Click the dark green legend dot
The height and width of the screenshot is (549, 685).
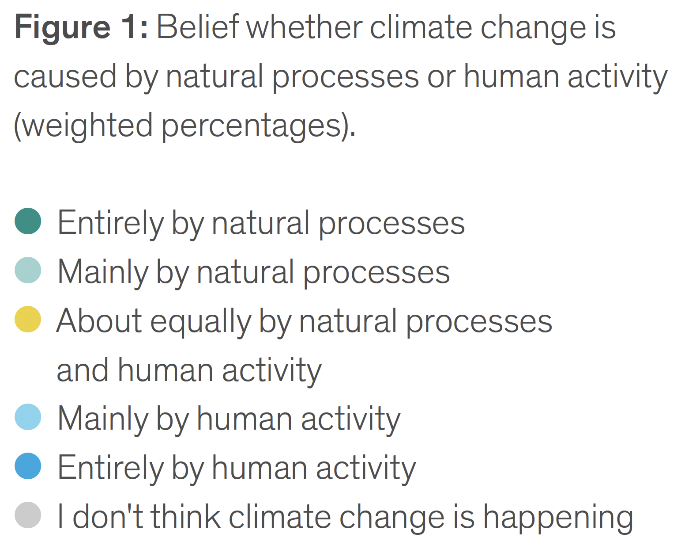coord(28,221)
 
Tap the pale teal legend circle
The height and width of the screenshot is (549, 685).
coord(28,271)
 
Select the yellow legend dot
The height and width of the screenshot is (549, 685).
coord(28,320)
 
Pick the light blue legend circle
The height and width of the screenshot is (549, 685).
coord(28,417)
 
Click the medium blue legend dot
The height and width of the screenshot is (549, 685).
coord(28,466)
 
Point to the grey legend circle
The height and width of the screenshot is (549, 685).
coord(28,515)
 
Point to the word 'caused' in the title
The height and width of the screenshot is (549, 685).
coord(65,76)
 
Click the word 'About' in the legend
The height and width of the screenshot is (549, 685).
coord(99,321)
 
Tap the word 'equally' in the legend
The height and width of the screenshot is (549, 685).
coord(201,322)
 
